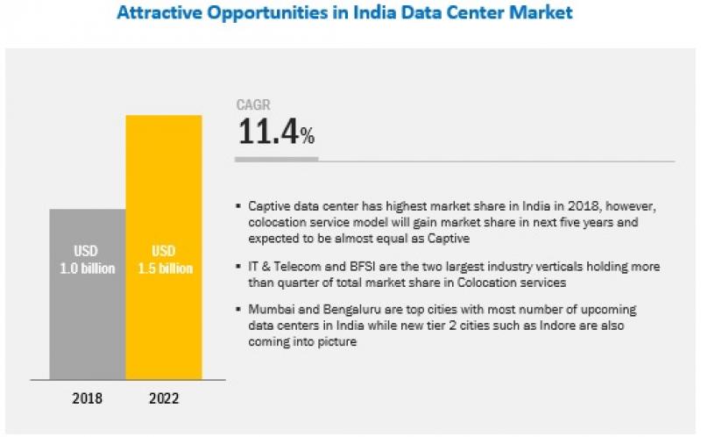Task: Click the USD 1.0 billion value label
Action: pyautogui.click(x=88, y=261)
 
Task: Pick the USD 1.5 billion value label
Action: pyautogui.click(x=164, y=261)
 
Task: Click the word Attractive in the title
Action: pyautogui.click(x=161, y=13)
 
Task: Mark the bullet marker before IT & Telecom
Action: pyautogui.click(x=239, y=267)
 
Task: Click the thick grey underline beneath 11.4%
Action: pyautogui.click(x=277, y=161)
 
